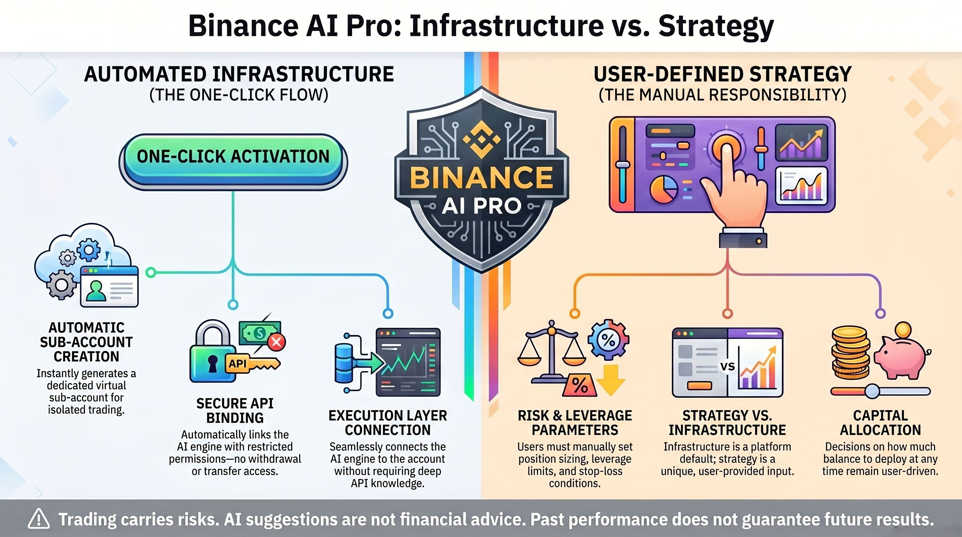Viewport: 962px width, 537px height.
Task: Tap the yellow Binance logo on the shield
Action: click(x=481, y=139)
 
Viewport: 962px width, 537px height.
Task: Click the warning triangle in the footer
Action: click(x=38, y=520)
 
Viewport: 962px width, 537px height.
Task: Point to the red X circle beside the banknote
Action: click(x=277, y=342)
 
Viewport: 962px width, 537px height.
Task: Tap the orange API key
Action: click(x=252, y=363)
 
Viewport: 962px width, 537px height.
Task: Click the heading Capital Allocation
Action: click(x=880, y=423)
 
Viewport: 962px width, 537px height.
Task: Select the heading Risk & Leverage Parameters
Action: click(x=575, y=423)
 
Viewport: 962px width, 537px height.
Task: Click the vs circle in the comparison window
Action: click(x=727, y=366)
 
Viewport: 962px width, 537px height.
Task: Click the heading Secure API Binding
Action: click(x=235, y=410)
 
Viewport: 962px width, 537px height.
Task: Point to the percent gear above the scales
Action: click(x=608, y=339)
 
